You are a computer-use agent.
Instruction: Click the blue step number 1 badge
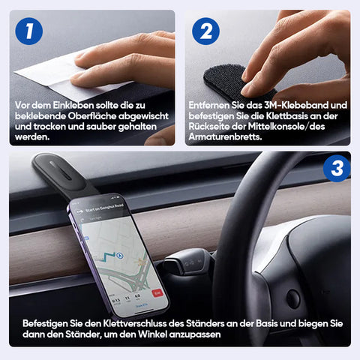29,31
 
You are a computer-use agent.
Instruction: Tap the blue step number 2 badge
205,31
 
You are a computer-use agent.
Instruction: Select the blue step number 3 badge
337,168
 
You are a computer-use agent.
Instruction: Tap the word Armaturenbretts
225,137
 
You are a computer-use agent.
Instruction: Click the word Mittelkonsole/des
286,127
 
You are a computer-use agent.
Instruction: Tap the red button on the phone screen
157,293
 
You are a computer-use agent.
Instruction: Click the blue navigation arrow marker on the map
120,256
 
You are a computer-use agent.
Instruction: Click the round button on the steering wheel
292,298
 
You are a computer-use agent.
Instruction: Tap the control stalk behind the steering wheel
186,262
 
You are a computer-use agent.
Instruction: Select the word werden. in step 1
32,137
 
